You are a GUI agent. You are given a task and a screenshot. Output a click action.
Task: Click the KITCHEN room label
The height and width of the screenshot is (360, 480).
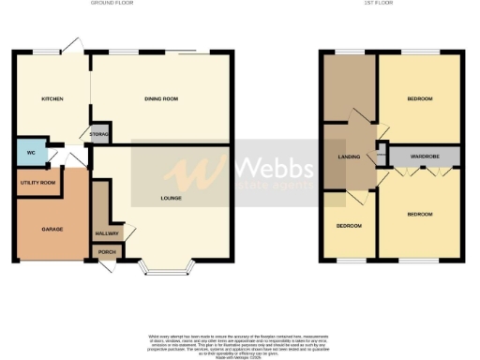52,97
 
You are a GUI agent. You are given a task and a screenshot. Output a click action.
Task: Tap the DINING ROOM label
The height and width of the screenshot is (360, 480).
162,97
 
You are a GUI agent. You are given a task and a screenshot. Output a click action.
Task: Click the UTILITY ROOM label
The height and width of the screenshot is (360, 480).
37,182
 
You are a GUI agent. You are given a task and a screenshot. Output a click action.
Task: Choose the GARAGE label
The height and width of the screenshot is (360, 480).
52,228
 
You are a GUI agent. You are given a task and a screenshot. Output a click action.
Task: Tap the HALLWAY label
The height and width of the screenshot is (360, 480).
105,233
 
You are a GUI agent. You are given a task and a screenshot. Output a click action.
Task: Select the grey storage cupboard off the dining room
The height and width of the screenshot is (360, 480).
99,134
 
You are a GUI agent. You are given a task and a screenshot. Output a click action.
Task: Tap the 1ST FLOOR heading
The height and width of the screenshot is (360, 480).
378,4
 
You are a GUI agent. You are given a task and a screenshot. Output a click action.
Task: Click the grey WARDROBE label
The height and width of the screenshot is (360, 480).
425,155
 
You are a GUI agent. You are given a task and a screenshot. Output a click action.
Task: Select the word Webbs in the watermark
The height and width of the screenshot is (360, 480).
273,168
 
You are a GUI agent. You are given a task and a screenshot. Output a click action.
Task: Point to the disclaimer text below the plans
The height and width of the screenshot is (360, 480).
239,343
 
